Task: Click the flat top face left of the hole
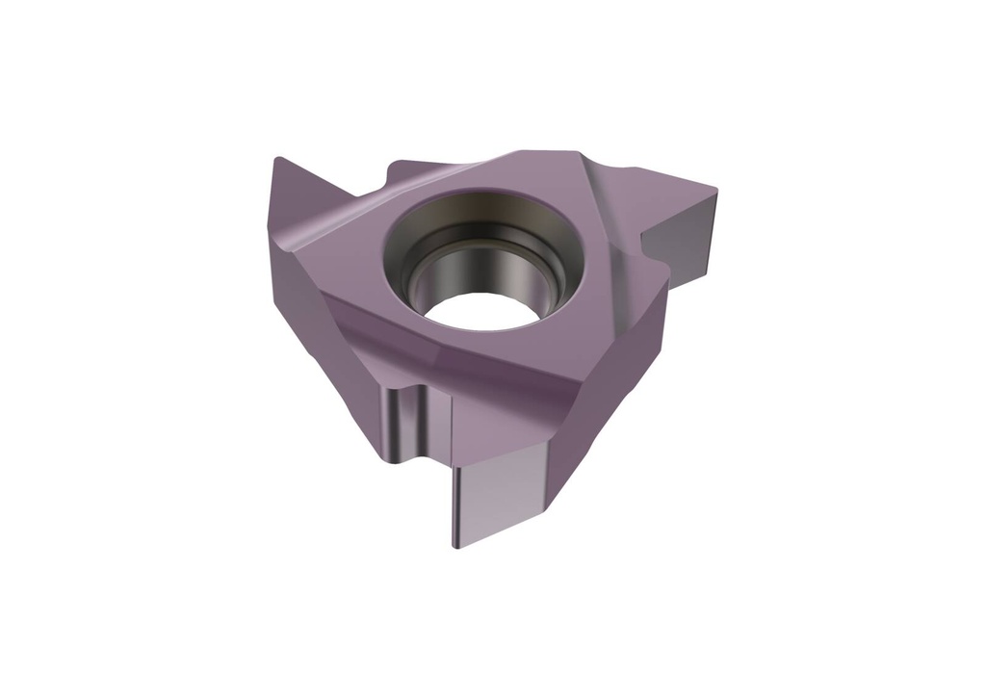click(347, 241)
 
